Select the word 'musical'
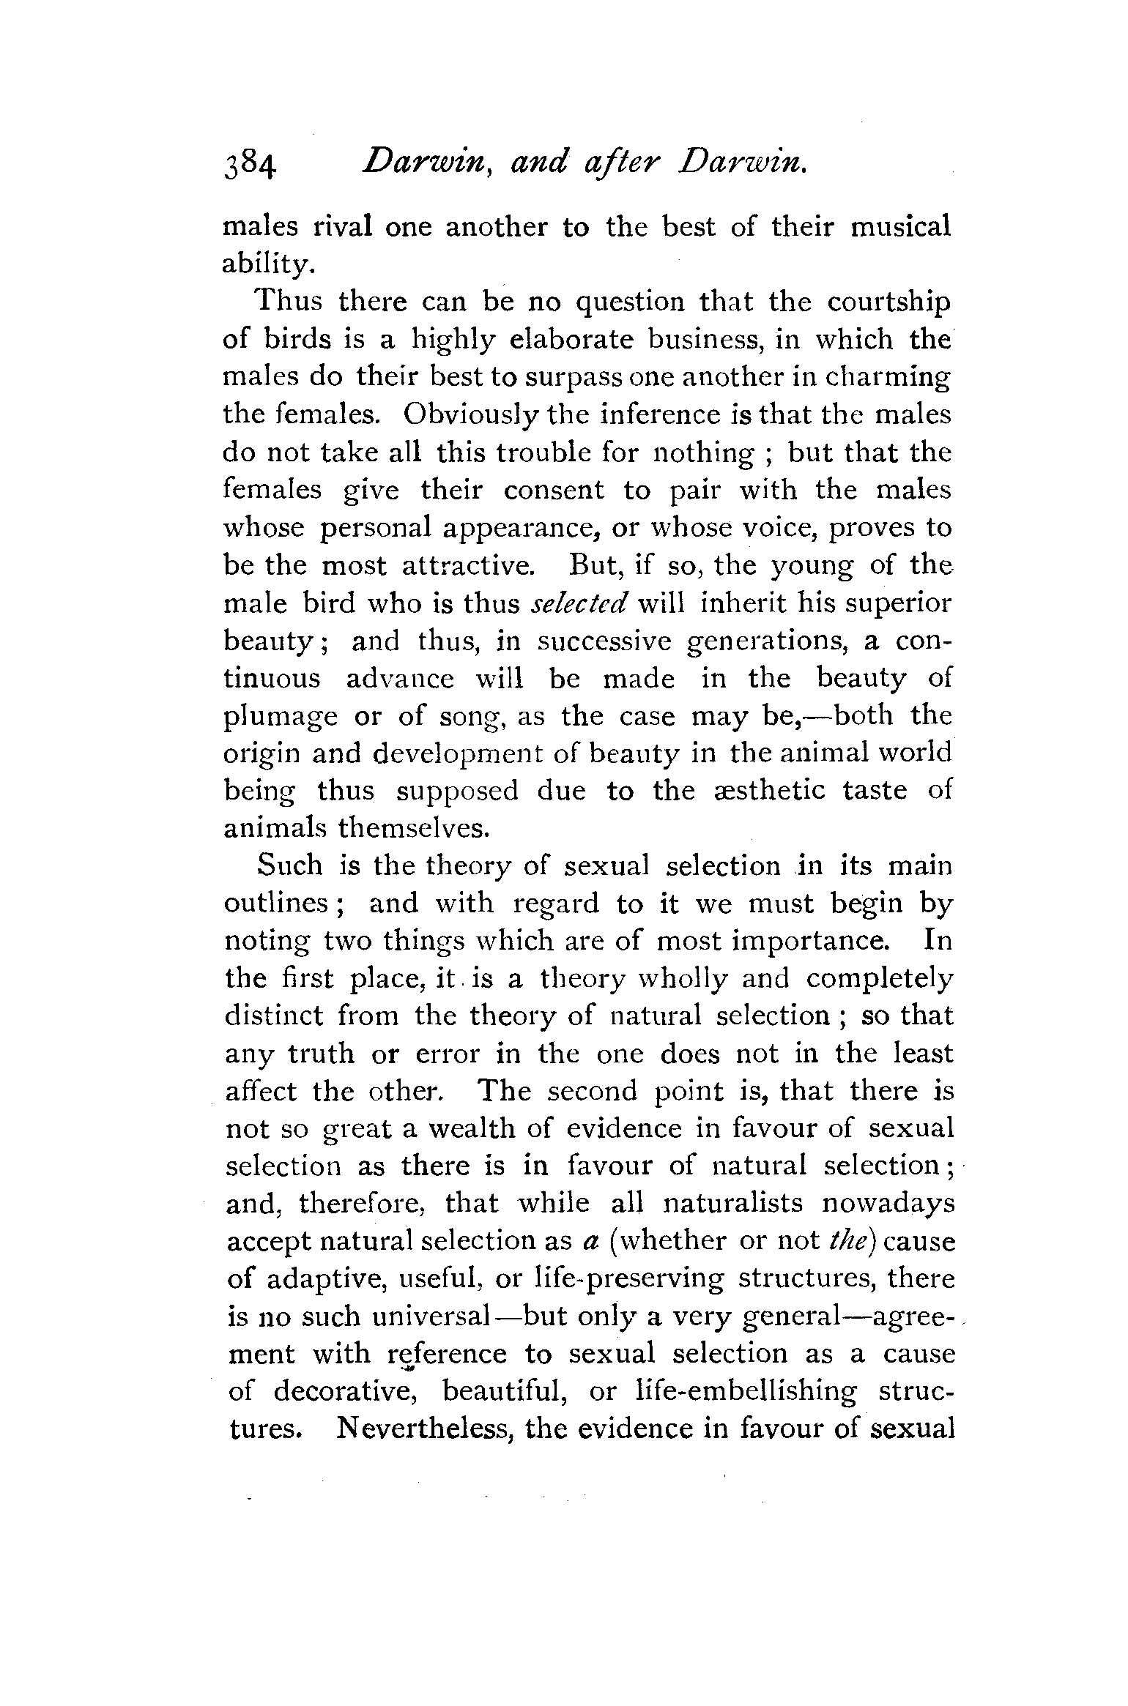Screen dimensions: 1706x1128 [900, 227]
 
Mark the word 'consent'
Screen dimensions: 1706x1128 [554, 491]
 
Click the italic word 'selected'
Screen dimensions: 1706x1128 [579, 603]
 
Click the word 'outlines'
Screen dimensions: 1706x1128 [276, 904]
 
